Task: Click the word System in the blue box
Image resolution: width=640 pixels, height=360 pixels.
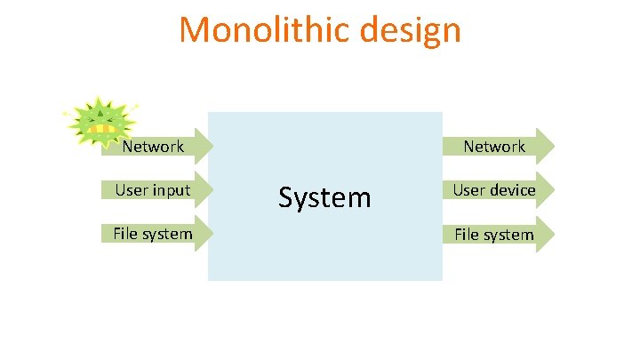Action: (x=324, y=196)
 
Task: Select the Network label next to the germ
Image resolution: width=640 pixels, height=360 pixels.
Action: (x=153, y=147)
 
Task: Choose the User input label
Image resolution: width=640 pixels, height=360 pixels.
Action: (x=152, y=190)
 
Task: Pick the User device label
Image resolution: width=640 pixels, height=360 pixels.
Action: (x=494, y=190)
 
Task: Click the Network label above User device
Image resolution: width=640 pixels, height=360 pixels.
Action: (x=494, y=147)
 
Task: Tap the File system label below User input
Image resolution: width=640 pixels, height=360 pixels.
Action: (x=152, y=234)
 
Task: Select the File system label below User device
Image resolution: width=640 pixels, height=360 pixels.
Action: (x=494, y=235)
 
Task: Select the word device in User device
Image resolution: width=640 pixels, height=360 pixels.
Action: (x=515, y=190)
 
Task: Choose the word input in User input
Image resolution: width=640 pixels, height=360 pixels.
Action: (x=172, y=190)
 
